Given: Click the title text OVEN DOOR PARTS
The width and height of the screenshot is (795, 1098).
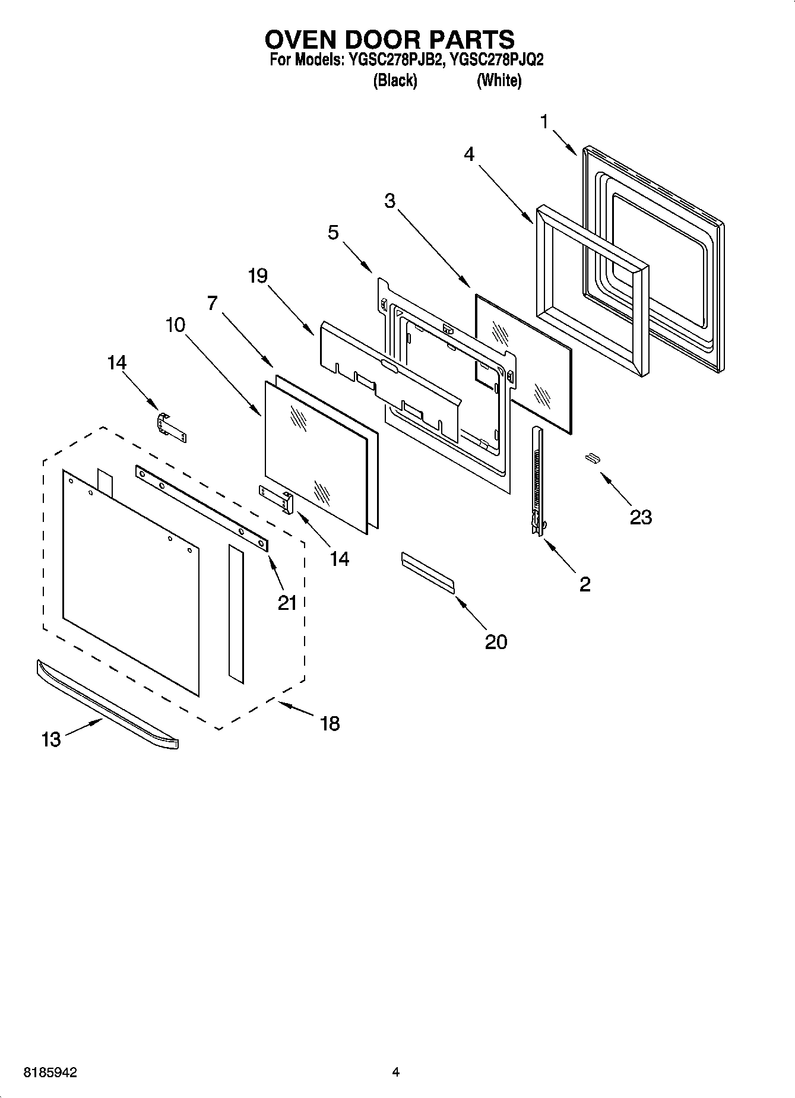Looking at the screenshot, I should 389,39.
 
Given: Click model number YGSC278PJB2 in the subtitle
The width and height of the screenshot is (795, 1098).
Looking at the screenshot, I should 394,60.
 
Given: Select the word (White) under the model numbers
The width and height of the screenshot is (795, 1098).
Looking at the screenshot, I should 499,80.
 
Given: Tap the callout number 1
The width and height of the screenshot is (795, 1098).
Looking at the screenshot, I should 544,122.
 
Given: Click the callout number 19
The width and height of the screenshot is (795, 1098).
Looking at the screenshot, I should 258,276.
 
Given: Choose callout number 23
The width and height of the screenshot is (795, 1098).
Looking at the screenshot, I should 641,517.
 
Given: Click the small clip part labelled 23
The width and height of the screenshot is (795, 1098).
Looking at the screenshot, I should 591,457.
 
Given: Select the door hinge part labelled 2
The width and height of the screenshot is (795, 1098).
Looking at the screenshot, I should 537,481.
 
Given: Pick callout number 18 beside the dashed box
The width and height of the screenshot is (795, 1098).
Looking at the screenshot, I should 330,723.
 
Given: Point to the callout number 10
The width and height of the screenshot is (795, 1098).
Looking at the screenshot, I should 175,325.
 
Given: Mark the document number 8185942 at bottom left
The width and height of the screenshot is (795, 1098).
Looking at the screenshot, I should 50,1072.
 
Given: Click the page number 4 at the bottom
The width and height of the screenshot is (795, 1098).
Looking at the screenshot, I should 395,1072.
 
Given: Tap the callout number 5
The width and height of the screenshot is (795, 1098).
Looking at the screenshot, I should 334,232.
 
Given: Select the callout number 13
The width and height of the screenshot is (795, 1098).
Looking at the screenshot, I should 51,739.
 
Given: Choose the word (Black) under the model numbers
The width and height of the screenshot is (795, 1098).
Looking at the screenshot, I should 395,80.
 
